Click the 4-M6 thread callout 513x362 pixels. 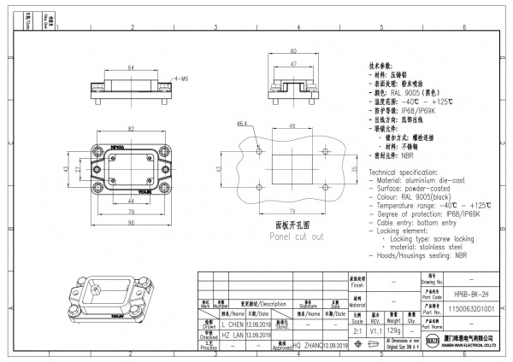click(x=180, y=78)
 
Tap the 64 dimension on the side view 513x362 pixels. click(x=130, y=67)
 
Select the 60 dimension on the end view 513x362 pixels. click(x=292, y=51)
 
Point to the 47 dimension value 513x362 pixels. click(x=292, y=64)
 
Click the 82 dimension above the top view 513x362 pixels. click(x=130, y=127)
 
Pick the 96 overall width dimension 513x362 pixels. click(x=130, y=223)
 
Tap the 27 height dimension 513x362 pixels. click(x=79, y=170)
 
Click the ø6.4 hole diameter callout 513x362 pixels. click(x=242, y=124)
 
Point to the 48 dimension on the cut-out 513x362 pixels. click(x=292, y=126)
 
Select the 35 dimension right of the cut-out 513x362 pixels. click(x=352, y=169)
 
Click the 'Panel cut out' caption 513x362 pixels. click(x=292, y=236)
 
